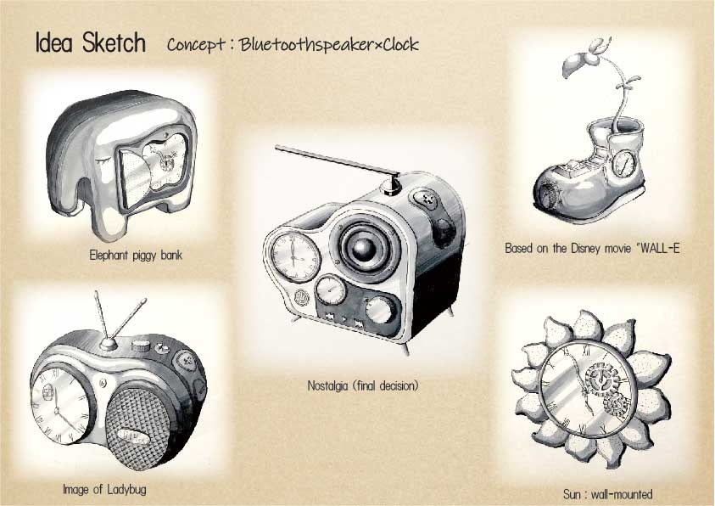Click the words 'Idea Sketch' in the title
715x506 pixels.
(90, 43)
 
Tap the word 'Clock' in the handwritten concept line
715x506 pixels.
(400, 45)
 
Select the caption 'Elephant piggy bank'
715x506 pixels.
(136, 255)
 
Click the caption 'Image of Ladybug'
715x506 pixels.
(104, 490)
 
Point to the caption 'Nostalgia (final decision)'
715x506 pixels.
(362, 386)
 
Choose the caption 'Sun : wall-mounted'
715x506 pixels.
(607, 494)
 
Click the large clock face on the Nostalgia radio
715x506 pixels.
(295, 257)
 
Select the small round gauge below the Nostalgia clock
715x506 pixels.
(331, 290)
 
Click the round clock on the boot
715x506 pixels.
(623, 163)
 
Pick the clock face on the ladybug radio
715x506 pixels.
(59, 405)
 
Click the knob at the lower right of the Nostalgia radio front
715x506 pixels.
(380, 309)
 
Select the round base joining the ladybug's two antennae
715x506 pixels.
(109, 344)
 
